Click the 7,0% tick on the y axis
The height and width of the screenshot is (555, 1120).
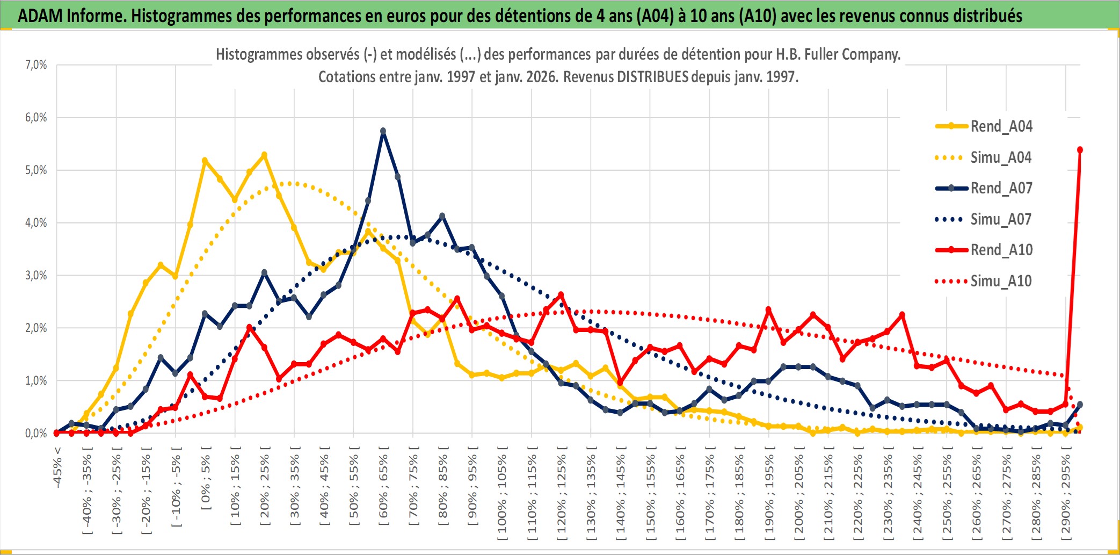(36, 65)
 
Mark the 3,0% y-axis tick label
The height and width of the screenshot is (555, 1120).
(36, 276)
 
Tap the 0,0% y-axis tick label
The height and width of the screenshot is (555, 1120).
(36, 433)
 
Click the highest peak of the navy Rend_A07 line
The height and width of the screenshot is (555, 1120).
(383, 131)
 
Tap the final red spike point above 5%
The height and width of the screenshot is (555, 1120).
(1080, 150)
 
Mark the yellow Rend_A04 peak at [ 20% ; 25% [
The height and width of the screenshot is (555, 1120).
(264, 155)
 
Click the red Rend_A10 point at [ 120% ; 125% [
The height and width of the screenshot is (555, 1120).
(561, 295)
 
